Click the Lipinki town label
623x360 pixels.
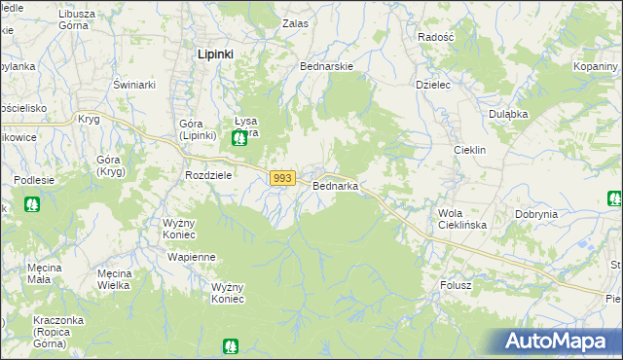pyautogui.click(x=215, y=54)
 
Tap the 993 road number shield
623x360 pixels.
pyautogui.click(x=282, y=178)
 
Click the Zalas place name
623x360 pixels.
pyautogui.click(x=295, y=22)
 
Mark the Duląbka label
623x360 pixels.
pyautogui.click(x=508, y=114)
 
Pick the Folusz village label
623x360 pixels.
pyautogui.click(x=455, y=286)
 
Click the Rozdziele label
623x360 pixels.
pyautogui.click(x=207, y=175)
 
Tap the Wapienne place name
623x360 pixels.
pyautogui.click(x=191, y=257)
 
